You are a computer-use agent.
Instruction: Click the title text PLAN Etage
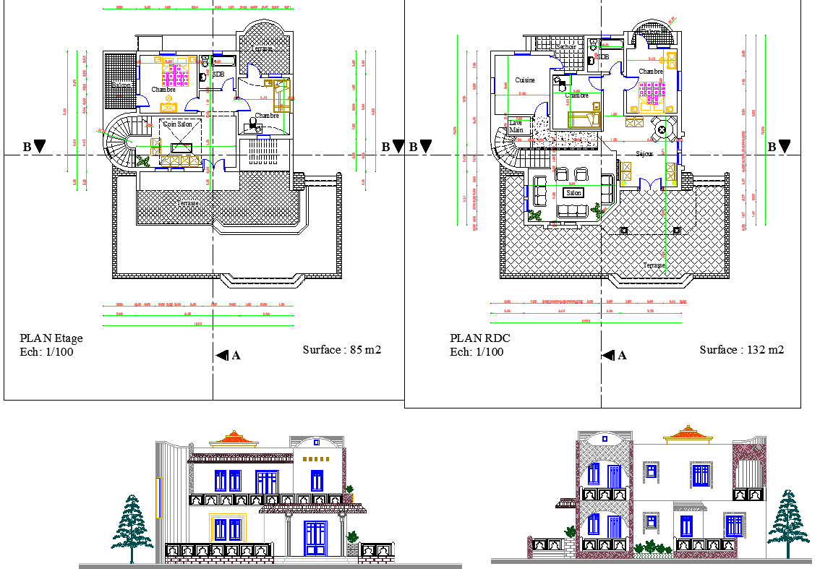(51, 338)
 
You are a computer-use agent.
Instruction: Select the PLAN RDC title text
(478, 338)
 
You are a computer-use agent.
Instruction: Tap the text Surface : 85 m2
(341, 350)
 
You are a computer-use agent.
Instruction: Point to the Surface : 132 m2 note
(741, 350)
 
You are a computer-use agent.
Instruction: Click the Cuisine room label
(525, 80)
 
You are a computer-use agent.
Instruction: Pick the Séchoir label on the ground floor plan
(565, 47)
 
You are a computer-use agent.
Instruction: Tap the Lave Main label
(516, 127)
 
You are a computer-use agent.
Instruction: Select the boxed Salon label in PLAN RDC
(573, 193)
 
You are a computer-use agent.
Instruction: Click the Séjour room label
(644, 154)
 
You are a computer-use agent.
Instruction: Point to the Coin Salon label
(177, 124)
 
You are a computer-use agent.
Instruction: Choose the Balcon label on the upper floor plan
(121, 86)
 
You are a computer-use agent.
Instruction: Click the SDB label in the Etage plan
(218, 74)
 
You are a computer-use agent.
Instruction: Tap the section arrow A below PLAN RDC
(614, 355)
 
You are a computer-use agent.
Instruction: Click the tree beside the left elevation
(132, 526)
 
